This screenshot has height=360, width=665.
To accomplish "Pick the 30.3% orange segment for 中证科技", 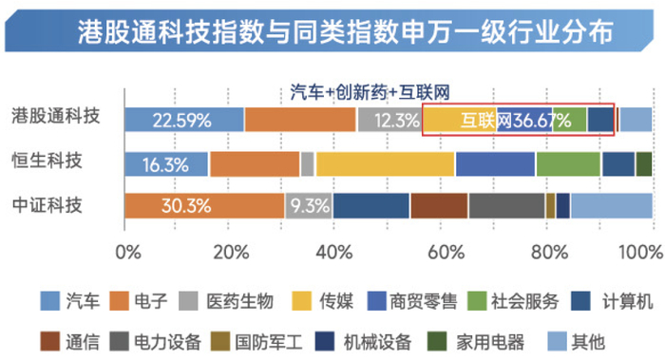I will tap(203, 205).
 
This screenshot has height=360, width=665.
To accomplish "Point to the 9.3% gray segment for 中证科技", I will tap(309, 205).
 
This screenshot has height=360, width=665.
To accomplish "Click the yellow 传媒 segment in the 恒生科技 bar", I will tap(385, 163).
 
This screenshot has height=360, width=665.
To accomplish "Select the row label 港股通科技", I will tap(56, 117).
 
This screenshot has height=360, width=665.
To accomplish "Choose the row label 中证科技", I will tap(56, 205).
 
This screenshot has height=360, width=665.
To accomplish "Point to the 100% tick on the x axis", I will tap(641, 253).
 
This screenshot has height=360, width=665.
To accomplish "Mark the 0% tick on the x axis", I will tap(126, 253).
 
